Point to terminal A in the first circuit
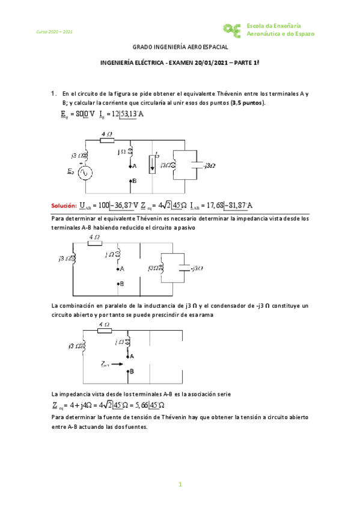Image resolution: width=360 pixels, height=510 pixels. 130,165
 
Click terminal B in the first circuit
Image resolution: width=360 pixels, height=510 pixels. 130,180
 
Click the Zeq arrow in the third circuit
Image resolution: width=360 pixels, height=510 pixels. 111,364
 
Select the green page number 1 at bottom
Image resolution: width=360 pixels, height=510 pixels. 180,484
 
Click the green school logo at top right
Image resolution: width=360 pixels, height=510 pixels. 232,28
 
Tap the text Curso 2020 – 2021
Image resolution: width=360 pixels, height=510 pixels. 54,31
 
